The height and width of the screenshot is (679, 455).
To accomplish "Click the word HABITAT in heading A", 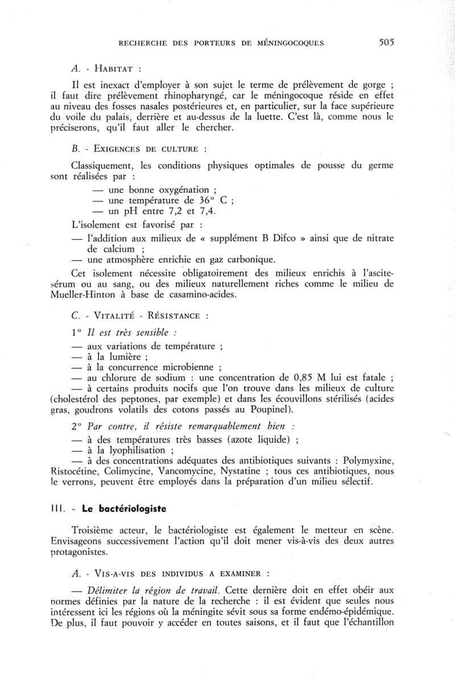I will [x=113, y=69].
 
